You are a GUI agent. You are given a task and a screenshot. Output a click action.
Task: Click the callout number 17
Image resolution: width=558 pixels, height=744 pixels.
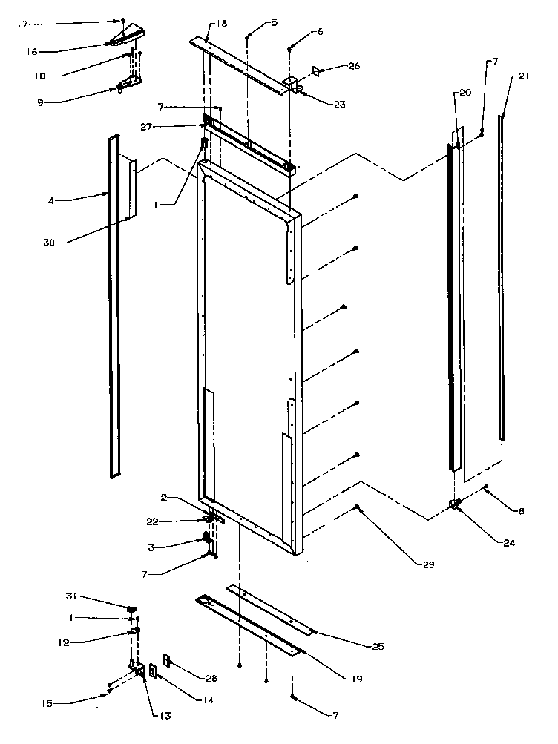(x=22, y=24)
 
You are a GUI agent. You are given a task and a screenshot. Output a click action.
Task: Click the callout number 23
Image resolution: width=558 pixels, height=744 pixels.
(x=339, y=104)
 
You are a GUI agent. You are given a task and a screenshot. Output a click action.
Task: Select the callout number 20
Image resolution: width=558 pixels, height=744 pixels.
(x=465, y=93)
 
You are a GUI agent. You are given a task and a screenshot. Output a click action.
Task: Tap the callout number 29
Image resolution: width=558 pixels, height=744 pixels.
(x=430, y=565)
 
